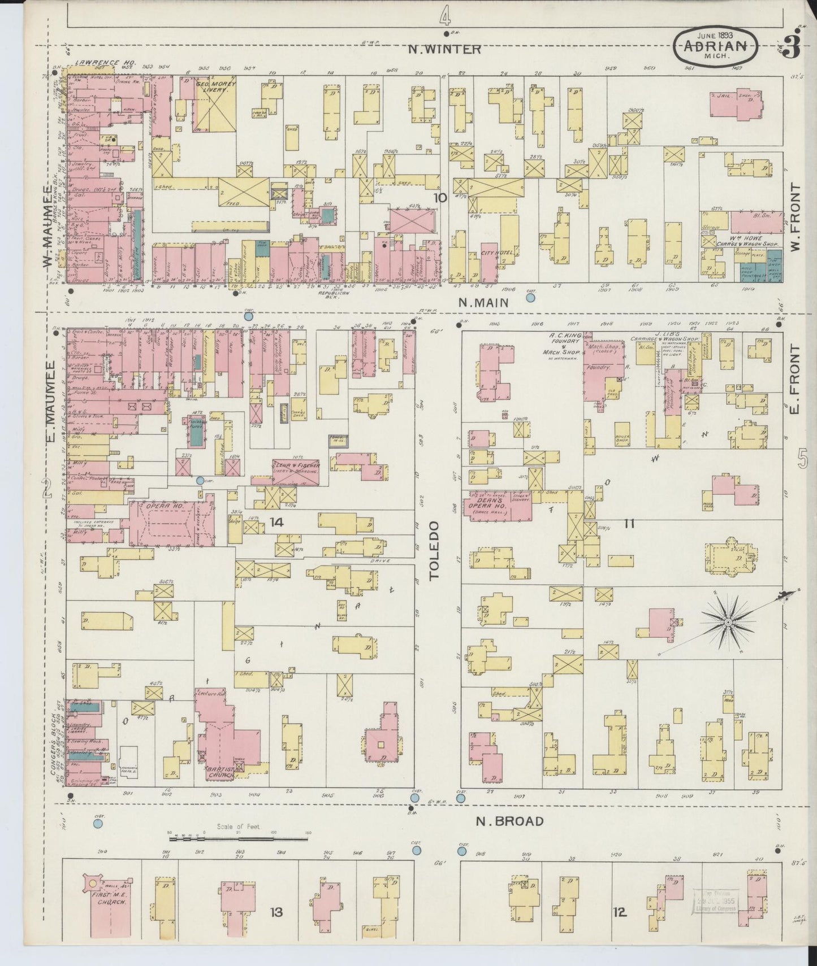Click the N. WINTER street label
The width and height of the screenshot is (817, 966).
click(445, 50)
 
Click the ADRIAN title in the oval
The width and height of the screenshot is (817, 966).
click(715, 47)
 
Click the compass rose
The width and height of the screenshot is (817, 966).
click(728, 622)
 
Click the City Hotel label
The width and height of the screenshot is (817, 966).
click(497, 252)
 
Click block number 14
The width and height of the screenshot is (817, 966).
click(276, 522)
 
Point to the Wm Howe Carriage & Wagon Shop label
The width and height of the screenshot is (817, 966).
click(738, 241)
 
